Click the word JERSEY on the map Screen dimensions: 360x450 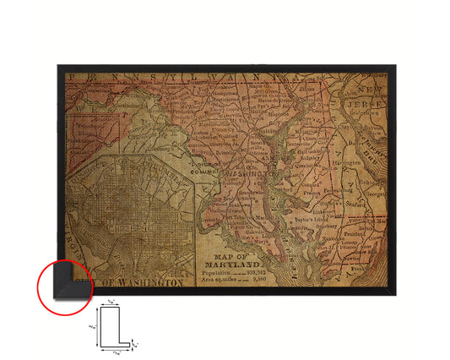pos(364,100)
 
